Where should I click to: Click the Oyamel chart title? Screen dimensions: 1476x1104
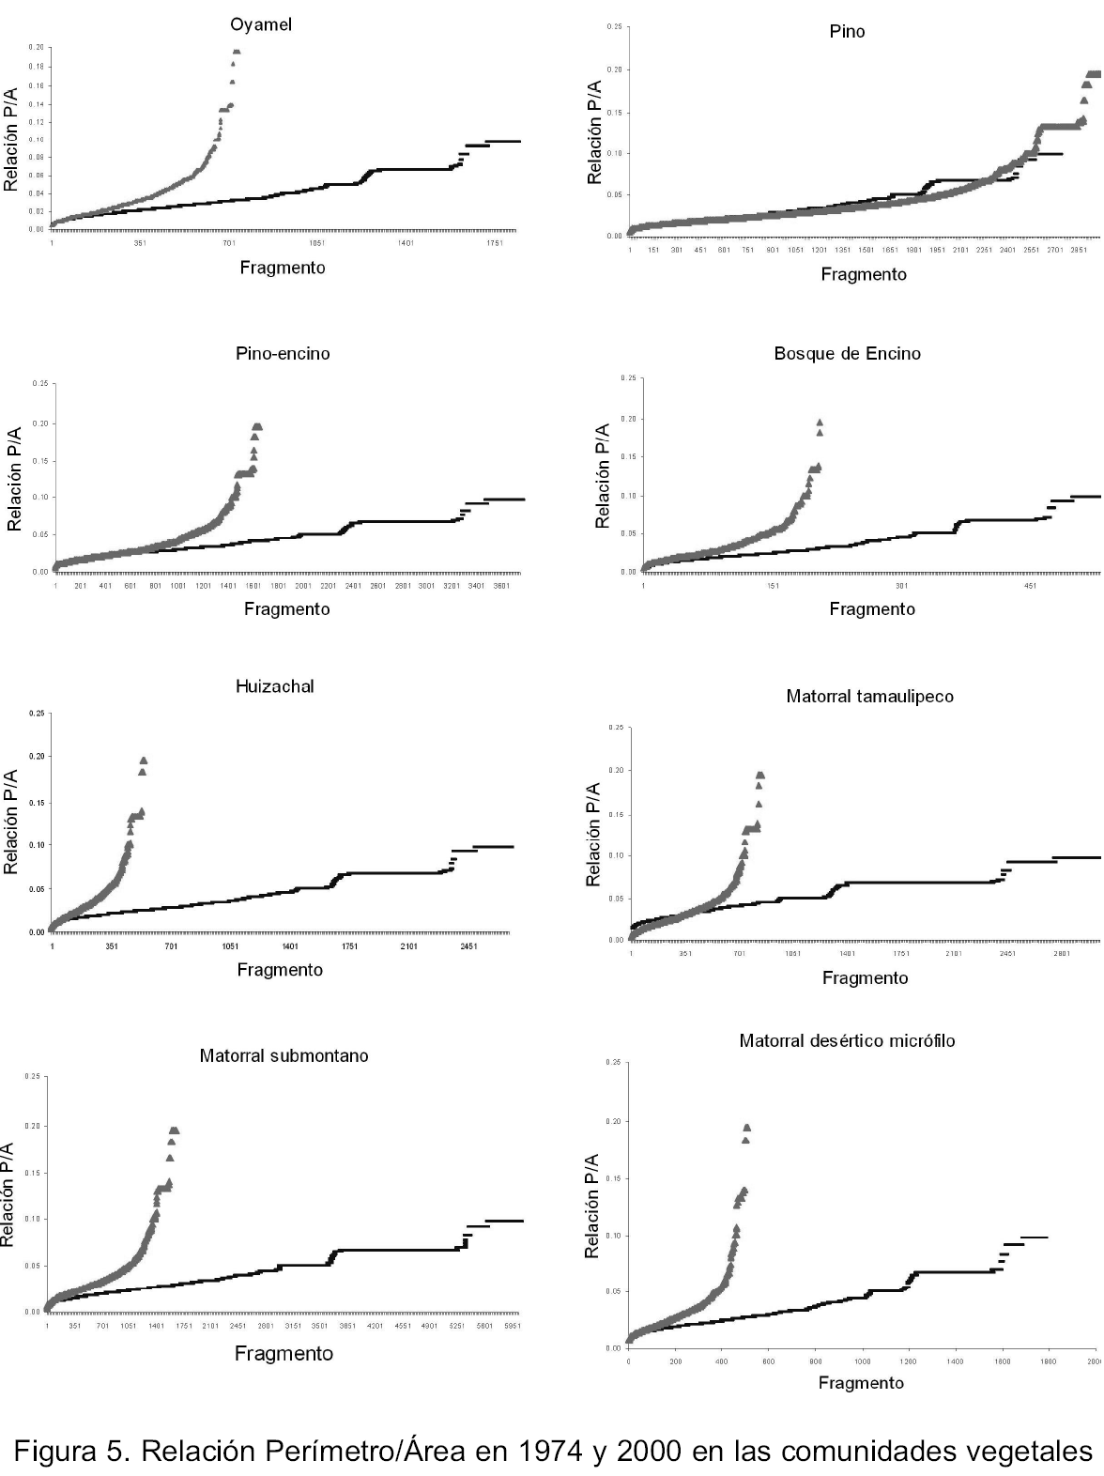[x=261, y=25]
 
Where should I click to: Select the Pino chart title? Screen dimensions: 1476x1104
[x=847, y=32]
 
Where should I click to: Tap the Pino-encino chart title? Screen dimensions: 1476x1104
[x=283, y=354]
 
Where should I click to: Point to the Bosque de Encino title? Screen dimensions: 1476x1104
[x=847, y=354]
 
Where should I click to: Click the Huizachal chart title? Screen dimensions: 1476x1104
[x=274, y=686]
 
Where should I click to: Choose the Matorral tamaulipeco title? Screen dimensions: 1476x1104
[x=869, y=697]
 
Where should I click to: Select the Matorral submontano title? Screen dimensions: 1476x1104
[x=284, y=1056]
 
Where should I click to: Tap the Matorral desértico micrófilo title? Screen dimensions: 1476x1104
[x=847, y=1041]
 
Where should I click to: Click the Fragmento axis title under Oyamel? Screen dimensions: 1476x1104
[x=283, y=268]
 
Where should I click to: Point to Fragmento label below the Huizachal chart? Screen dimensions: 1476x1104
[x=280, y=970]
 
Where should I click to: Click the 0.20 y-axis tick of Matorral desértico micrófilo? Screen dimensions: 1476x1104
[x=612, y=1122]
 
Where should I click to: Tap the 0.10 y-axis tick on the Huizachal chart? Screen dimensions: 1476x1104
[x=37, y=845]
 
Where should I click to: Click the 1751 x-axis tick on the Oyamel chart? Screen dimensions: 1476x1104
[x=494, y=243]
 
